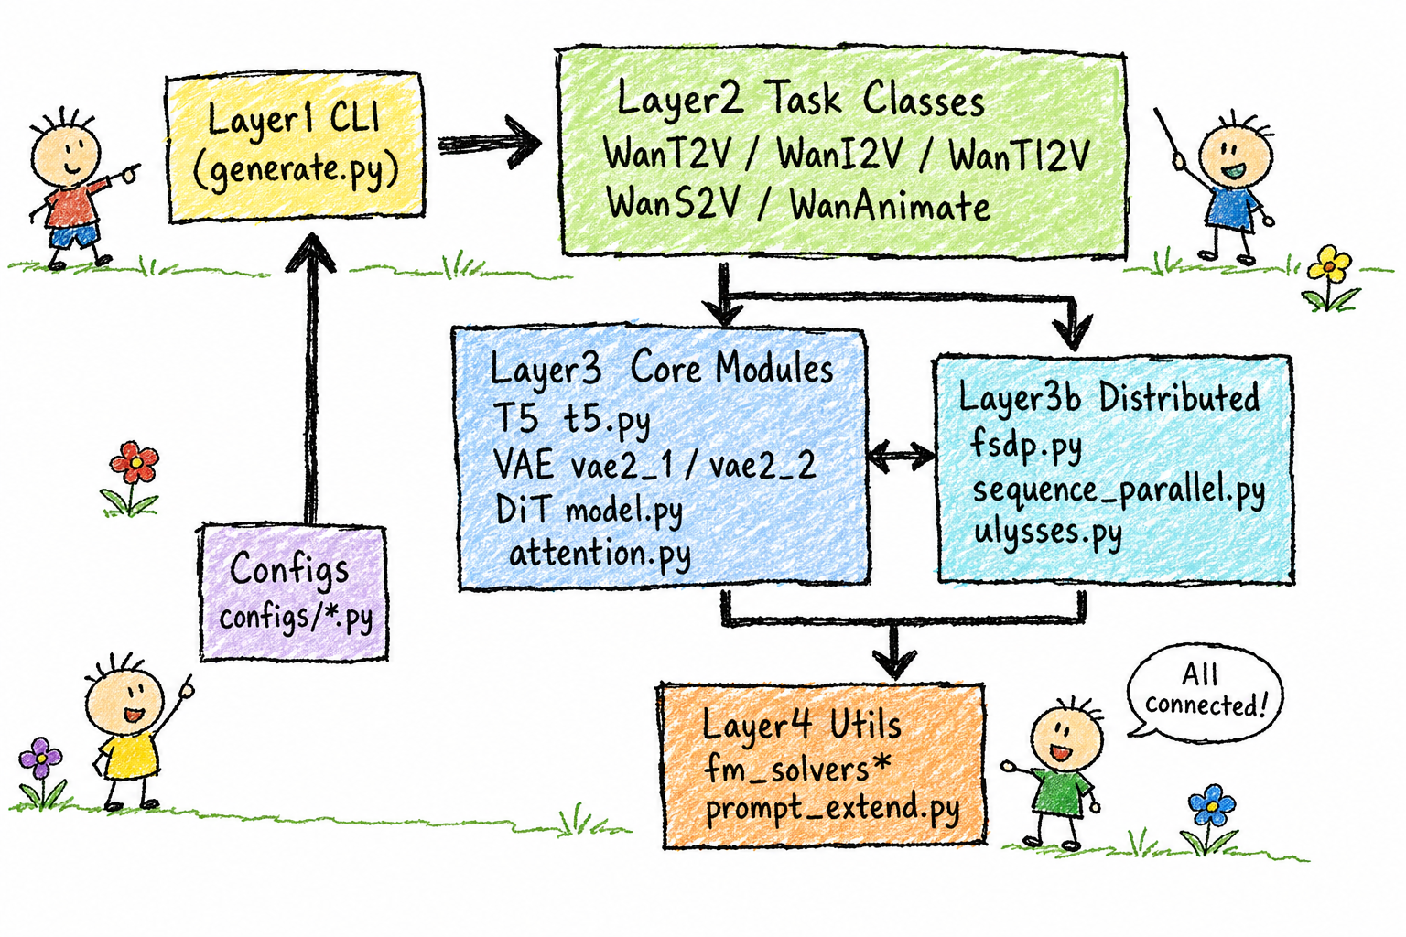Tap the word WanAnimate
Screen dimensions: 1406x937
pyautogui.click(x=890, y=205)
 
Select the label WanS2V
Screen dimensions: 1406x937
pyautogui.click(x=673, y=203)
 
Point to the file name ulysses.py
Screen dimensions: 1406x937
pyautogui.click(x=1048, y=534)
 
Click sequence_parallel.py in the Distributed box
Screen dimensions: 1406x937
pyautogui.click(x=1119, y=490)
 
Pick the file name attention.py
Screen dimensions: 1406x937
pyautogui.click(x=600, y=555)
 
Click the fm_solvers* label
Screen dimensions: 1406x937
pyautogui.click(x=797, y=767)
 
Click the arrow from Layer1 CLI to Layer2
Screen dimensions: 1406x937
pyautogui.click(x=490, y=143)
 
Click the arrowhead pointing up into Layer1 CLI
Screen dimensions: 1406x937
pyautogui.click(x=310, y=253)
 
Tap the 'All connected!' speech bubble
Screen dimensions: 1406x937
pyautogui.click(x=1204, y=692)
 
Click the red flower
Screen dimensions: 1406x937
pyautogui.click(x=134, y=463)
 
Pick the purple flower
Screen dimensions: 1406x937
pyautogui.click(x=41, y=759)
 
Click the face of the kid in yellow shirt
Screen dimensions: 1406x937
pyautogui.click(x=124, y=702)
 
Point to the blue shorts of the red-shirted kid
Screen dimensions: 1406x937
pyautogui.click(x=74, y=237)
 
